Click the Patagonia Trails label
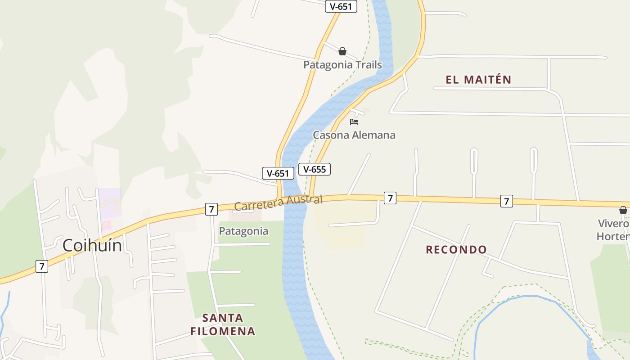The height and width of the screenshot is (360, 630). coord(342,65)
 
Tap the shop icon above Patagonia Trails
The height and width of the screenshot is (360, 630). coord(342,51)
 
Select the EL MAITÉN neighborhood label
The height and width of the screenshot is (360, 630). coord(478,80)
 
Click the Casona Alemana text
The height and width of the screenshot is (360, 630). coord(354,135)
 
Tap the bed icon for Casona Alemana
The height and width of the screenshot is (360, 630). coord(354,121)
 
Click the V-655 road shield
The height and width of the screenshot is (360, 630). coord(315,169)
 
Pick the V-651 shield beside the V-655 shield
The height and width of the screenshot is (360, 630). coord(278,173)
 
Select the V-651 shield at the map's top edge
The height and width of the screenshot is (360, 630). coord(341,6)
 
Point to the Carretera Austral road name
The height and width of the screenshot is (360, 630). coord(278,203)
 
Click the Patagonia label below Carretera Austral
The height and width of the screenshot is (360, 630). coord(243,231)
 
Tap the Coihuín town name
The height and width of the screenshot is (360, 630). coord(92,245)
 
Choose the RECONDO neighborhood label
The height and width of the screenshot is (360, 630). coord(456,250)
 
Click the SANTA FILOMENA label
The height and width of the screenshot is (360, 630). coord(223,325)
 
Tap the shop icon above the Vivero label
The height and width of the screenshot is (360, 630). coord(623,210)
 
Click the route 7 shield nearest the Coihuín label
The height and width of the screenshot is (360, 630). coord(41,266)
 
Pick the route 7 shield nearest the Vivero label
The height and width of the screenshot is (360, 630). coord(506,201)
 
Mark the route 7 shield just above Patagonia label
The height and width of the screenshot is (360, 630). coord(211,209)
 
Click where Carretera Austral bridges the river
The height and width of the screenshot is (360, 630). coord(295,201)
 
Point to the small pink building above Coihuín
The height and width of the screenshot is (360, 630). coord(106,225)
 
